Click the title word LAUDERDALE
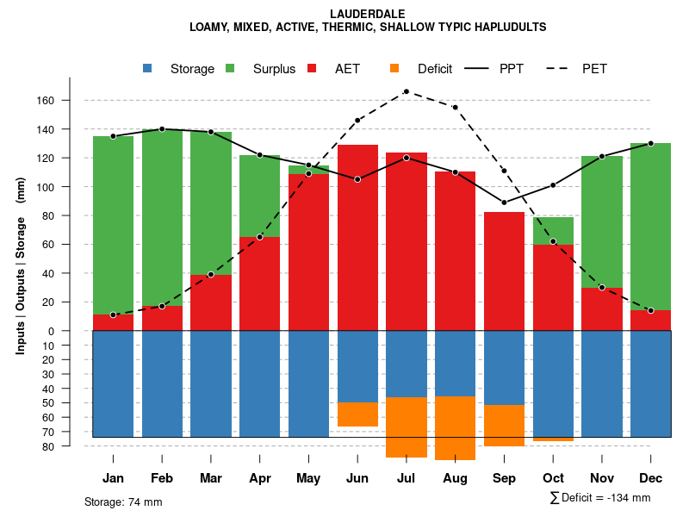368,14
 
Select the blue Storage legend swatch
147,68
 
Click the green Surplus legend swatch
230,68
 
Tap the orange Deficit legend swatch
394,68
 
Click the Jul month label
406,478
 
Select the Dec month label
651,478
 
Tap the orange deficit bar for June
357,414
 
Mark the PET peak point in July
406,91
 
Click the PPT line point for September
504,202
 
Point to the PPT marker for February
162,129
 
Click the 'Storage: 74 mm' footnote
123,501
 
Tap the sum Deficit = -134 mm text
600,497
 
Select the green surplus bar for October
553,231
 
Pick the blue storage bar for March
211,383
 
